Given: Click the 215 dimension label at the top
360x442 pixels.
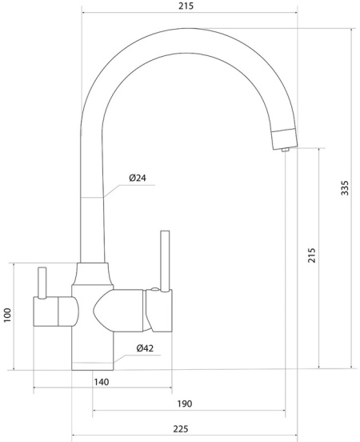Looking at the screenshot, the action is tap(186, 6).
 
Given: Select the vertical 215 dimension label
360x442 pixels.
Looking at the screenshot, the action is tap(311, 255).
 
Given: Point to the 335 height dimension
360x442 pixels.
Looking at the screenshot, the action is tap(345, 188).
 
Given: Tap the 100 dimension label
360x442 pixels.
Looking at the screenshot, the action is tap(7, 315).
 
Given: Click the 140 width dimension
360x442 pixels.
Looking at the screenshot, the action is tap(102, 382).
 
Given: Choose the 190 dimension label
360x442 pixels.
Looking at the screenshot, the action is tap(185, 404).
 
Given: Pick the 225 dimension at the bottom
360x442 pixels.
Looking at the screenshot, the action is tap(180, 429).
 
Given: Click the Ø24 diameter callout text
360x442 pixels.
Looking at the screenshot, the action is tap(138, 178).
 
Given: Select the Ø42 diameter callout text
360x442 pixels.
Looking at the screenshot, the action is tap(145, 348).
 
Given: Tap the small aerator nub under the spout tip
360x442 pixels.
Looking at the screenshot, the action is tap(286, 150).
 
